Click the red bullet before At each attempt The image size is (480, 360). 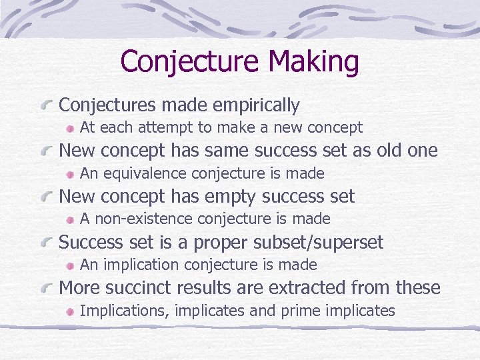click(x=70, y=128)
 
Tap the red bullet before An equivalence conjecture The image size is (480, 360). click(x=70, y=174)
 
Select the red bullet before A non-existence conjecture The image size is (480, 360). click(x=70, y=219)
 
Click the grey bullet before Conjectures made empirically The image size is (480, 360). click(x=47, y=106)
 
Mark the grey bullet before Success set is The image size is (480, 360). click(x=47, y=243)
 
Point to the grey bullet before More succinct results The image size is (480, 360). click(x=47, y=289)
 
